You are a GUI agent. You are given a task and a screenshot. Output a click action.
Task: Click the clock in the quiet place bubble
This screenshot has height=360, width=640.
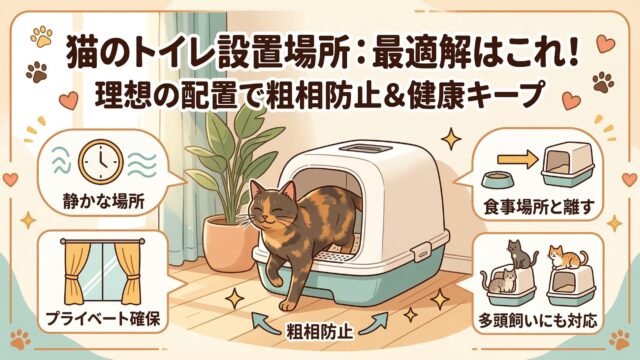coord(100,163)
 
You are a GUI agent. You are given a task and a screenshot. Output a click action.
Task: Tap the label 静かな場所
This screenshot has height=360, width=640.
coord(104,201)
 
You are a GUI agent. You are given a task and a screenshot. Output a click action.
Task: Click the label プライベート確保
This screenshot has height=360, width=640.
coord(102,319)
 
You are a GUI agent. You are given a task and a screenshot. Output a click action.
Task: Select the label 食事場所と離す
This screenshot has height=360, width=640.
coord(538,207)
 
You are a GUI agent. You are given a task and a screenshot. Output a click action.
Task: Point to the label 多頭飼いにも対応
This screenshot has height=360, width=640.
coord(538,321)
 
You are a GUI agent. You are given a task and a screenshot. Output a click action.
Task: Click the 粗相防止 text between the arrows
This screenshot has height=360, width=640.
coord(320,330)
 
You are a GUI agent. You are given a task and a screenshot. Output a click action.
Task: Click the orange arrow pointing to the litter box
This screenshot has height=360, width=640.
coord(518,159)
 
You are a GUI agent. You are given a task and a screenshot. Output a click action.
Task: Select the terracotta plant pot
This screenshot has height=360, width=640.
coord(230,243)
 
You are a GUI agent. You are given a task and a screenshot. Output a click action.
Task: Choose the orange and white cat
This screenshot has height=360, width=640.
coord(567,257)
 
